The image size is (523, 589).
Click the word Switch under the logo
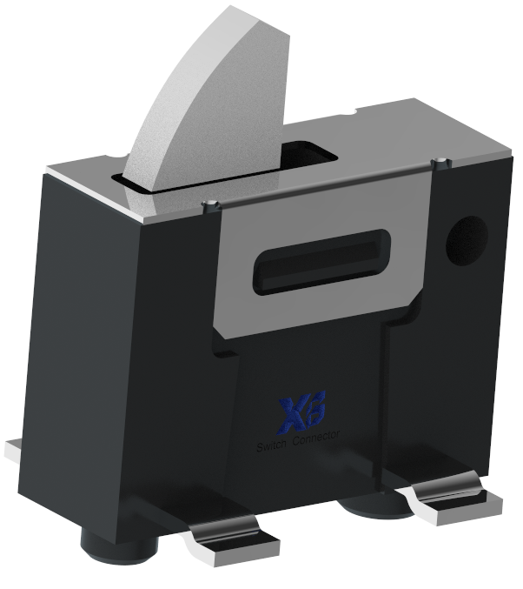274,446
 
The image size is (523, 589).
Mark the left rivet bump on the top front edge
209,205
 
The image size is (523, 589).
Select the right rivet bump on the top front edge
444,161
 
